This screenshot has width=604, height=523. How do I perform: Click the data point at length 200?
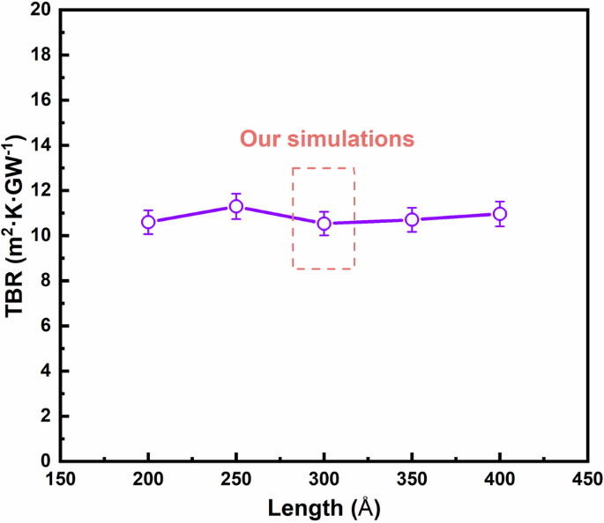[x=148, y=222]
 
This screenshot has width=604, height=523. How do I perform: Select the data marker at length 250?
[x=236, y=207]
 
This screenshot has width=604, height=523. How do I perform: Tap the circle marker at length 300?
[x=324, y=224]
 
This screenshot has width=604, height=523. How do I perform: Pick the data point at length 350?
[x=412, y=219]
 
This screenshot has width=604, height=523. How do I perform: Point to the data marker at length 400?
[x=500, y=214]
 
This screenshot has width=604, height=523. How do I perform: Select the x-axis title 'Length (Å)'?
[x=324, y=508]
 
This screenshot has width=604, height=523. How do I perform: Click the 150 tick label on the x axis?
[x=60, y=481]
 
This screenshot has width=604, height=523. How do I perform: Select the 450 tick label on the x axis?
[x=587, y=481]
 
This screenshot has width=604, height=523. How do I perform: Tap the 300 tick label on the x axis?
[x=324, y=481]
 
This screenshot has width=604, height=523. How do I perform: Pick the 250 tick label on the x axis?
[x=236, y=481]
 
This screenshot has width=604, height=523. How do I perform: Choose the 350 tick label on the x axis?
[x=412, y=481]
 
